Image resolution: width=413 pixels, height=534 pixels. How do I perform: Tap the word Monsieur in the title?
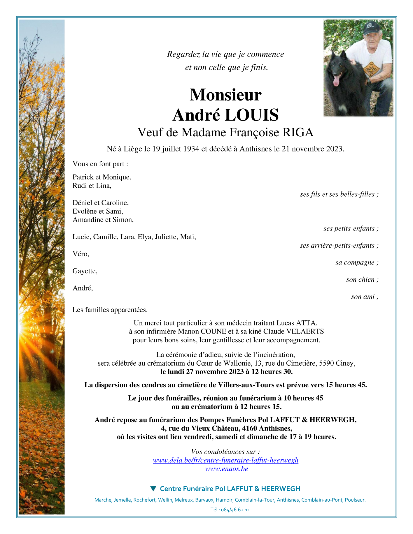225,95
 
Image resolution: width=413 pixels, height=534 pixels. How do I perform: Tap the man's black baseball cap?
371,28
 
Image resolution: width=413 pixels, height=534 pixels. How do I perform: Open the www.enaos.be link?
226,469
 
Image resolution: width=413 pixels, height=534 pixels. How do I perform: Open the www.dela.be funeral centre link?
225,460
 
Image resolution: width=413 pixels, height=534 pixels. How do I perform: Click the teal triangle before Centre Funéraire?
153,488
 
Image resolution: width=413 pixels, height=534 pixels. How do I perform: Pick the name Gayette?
84,271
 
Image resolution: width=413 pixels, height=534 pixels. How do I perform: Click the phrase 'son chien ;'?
362,280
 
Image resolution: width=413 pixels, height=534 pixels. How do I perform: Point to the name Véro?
80,254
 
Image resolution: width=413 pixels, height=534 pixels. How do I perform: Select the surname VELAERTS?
305,331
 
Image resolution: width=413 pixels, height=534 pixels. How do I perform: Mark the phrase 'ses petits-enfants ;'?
351,228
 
